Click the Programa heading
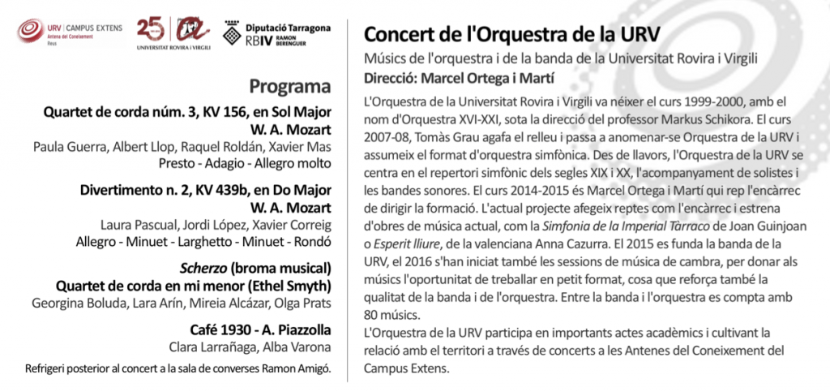290,87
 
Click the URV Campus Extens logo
71,33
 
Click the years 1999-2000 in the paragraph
721,103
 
